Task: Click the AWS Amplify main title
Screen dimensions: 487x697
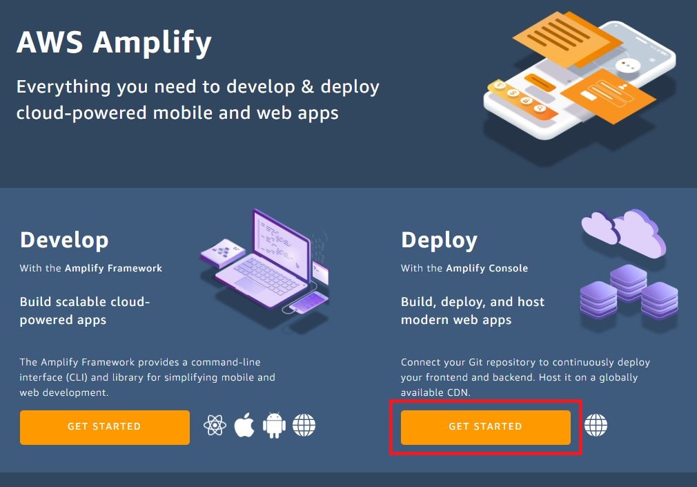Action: click(x=114, y=43)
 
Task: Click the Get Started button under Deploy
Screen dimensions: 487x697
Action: click(x=485, y=427)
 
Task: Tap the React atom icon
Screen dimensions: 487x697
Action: click(x=215, y=426)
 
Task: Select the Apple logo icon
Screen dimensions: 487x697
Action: click(x=244, y=426)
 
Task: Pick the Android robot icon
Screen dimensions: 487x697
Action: click(x=274, y=426)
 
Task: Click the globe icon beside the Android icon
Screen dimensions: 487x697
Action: click(x=304, y=426)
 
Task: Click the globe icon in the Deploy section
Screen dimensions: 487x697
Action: click(x=596, y=426)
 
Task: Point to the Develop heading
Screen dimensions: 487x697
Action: click(x=64, y=240)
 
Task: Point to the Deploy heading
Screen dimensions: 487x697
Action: click(x=439, y=240)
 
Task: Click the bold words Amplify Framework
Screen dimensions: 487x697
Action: click(x=113, y=268)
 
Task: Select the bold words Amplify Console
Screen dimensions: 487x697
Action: click(x=487, y=268)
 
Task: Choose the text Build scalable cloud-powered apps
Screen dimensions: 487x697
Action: click(x=85, y=311)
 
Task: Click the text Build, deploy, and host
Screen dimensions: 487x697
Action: click(x=472, y=302)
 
